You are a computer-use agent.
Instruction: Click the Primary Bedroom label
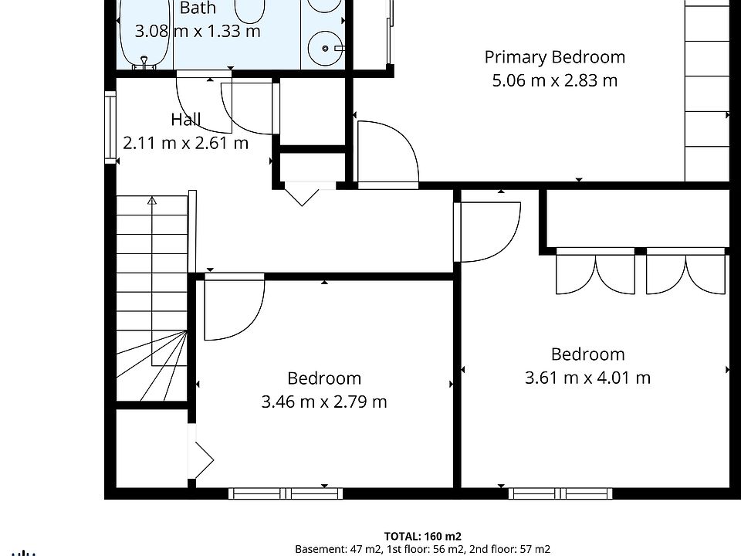click(x=555, y=57)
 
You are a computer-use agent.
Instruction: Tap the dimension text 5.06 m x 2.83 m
click(x=555, y=80)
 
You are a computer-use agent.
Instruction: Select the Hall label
click(x=186, y=119)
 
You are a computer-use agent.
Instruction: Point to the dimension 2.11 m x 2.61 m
click(x=186, y=143)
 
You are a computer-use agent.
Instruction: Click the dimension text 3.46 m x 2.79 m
click(x=324, y=402)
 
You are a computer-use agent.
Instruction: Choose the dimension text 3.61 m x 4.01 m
click(x=588, y=378)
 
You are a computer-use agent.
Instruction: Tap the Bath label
click(x=198, y=8)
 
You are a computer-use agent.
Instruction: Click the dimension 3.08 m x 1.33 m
click(x=198, y=31)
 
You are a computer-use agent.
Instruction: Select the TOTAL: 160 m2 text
click(x=422, y=536)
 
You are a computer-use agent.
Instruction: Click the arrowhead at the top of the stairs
click(x=152, y=201)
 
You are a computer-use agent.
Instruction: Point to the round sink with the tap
click(x=326, y=48)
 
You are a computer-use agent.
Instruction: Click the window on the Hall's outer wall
click(x=110, y=127)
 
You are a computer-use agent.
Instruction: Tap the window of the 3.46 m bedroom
click(x=286, y=493)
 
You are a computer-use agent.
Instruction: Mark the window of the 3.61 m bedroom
click(x=560, y=493)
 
